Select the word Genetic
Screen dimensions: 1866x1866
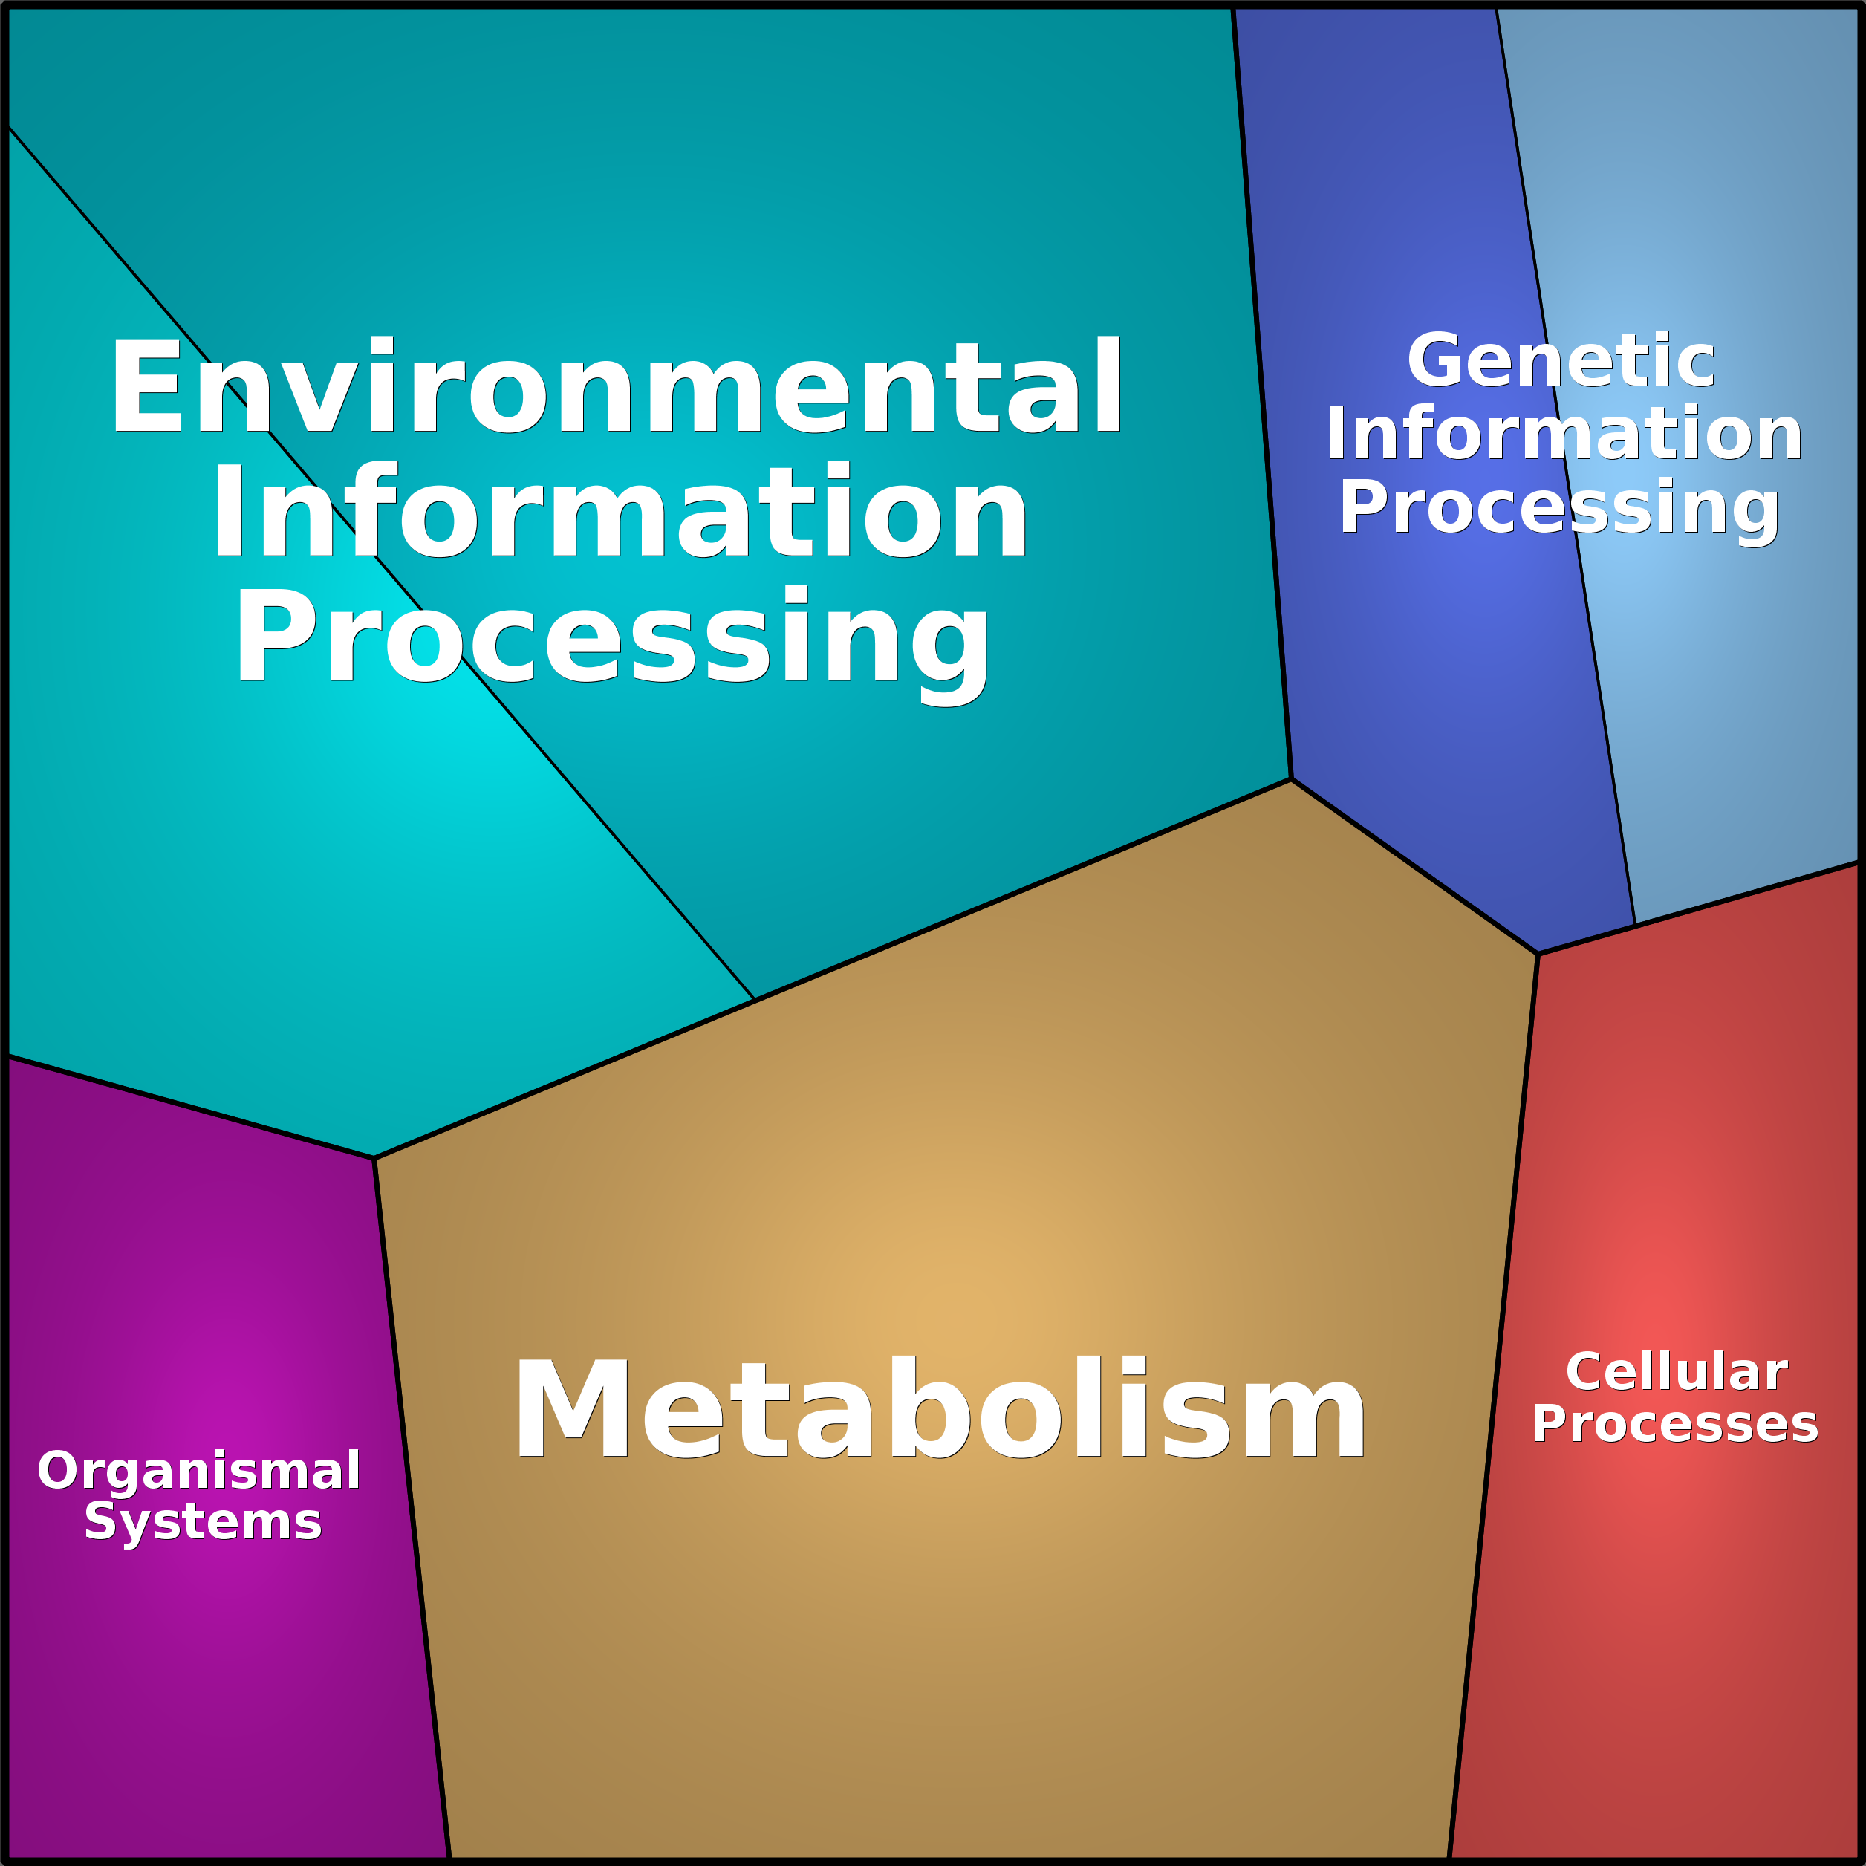click(1560, 360)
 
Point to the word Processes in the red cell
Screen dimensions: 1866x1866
click(1675, 1424)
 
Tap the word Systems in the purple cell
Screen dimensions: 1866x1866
click(203, 1523)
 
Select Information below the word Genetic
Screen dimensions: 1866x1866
click(1564, 434)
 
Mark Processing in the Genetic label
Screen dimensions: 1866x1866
click(1558, 508)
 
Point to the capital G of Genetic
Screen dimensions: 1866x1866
click(1435, 360)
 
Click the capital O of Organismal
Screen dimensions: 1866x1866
click(57, 1470)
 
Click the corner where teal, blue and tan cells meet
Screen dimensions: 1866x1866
click(1291, 779)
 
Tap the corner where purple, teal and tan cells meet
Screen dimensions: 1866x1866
click(374, 1158)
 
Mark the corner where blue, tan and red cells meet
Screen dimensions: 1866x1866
click(1538, 955)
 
